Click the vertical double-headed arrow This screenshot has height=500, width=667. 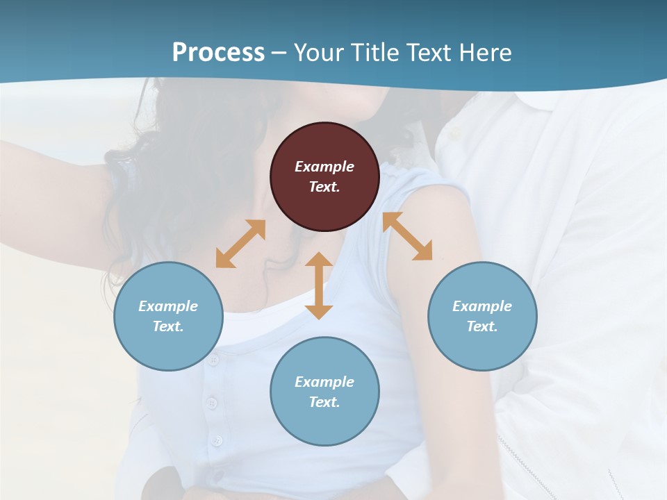coord(319,285)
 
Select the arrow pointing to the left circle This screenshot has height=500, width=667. coord(240,243)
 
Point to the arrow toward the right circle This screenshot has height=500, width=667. coord(407,236)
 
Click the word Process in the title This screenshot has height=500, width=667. coord(218,52)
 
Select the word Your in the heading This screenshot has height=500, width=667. coord(316,52)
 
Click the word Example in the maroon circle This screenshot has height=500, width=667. coord(324,167)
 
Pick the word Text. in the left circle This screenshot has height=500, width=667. coord(168,326)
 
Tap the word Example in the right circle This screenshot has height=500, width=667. coord(482,306)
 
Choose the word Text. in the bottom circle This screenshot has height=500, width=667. coord(324,402)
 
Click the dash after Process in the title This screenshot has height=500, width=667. coord(279,53)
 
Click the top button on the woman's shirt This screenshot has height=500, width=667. coord(213,360)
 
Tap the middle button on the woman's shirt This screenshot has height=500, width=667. coord(212,403)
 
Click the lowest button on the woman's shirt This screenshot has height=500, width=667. coord(217,440)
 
